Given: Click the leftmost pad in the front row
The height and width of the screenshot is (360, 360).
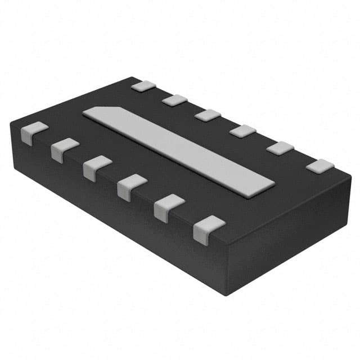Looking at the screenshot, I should point(34,133).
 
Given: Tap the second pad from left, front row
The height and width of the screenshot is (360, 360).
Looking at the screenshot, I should point(65,149).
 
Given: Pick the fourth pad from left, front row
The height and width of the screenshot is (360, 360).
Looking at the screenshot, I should point(132,186).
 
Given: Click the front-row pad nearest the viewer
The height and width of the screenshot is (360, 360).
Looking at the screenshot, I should point(208,228).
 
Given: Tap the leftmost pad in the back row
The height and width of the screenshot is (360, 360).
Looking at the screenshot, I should point(143,86).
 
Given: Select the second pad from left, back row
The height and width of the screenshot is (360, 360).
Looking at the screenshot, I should point(175,100).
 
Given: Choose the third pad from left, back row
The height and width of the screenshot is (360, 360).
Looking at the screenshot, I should point(208,115).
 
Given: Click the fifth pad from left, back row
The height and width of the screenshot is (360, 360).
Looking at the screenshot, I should point(280,148).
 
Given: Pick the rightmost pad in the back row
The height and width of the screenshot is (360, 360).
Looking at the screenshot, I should point(320,166).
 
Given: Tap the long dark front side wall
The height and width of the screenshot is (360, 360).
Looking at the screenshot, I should point(112,208).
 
